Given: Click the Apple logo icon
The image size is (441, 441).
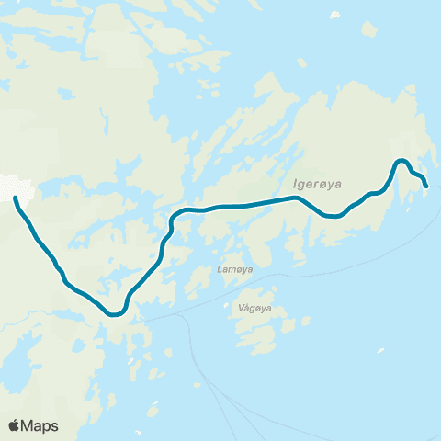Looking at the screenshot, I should click(x=15, y=425).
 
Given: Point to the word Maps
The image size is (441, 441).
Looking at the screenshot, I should click(x=40, y=425).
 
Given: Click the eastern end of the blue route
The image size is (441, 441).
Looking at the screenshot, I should click(x=426, y=187).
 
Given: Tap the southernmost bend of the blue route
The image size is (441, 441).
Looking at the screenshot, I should click(x=115, y=314).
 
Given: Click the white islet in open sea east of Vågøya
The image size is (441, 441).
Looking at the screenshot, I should click(x=380, y=350).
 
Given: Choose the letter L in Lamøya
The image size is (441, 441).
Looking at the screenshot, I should click(x=220, y=269).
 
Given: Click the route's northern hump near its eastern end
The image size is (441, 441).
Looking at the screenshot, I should click(x=401, y=162).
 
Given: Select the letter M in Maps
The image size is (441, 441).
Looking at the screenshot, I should click(x=28, y=425).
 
